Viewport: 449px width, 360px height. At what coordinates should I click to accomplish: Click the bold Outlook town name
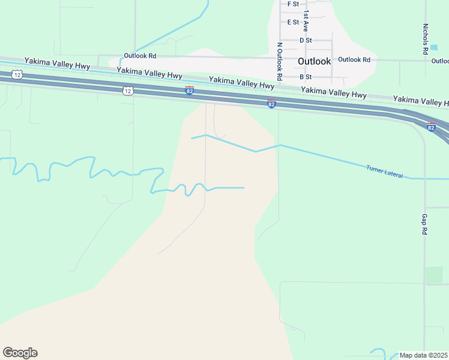(x=314, y=61)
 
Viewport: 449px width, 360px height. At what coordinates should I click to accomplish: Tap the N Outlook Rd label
(x=279, y=62)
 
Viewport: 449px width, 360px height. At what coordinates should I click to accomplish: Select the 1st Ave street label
(x=306, y=20)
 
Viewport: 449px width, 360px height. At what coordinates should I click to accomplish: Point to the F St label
(x=293, y=4)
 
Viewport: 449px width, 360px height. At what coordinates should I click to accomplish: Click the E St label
(x=293, y=22)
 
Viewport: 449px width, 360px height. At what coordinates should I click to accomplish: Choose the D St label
(x=306, y=40)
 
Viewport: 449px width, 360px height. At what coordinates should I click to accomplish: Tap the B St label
(x=306, y=77)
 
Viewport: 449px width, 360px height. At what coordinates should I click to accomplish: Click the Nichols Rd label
(x=425, y=37)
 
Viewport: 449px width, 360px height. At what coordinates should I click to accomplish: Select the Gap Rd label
(x=424, y=224)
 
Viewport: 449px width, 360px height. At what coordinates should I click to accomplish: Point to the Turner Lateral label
(x=384, y=170)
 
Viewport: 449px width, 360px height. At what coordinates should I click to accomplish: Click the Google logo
(x=20, y=353)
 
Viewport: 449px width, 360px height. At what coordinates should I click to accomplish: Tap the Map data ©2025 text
(x=423, y=355)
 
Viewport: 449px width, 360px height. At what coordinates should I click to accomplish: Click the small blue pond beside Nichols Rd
(x=434, y=47)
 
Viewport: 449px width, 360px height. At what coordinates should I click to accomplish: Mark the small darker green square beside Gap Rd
(x=433, y=275)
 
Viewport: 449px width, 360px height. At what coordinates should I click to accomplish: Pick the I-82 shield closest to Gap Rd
(x=431, y=127)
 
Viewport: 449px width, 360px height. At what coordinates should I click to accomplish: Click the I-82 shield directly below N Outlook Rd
(x=271, y=104)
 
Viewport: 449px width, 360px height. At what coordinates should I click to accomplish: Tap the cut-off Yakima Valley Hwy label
(x=421, y=100)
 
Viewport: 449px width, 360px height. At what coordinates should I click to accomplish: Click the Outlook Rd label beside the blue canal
(x=140, y=56)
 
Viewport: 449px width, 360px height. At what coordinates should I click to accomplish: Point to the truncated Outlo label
(x=440, y=61)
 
